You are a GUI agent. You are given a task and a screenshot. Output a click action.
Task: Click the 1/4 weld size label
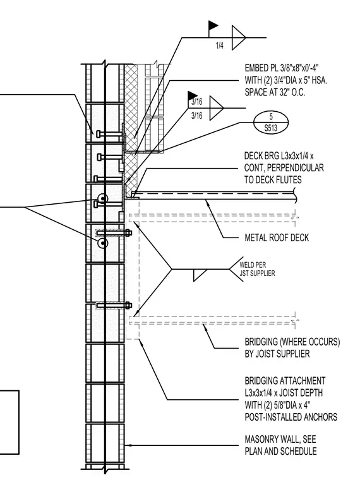tap(220, 45)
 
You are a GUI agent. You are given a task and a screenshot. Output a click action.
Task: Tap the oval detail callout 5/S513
tap(271, 123)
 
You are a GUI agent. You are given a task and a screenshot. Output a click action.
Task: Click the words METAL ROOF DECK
tap(277, 238)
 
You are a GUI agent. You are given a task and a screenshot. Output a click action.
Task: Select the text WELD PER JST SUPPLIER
tap(257, 269)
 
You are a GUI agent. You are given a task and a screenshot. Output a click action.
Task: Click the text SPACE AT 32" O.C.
tap(275, 92)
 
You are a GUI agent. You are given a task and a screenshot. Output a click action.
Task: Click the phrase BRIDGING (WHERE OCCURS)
tap(292, 342)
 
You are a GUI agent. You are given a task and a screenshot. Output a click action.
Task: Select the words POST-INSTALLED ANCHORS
tap(291, 417)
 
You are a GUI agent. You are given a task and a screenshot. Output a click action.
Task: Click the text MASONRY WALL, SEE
tap(280, 440)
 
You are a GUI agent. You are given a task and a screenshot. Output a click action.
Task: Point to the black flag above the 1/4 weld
tap(213, 25)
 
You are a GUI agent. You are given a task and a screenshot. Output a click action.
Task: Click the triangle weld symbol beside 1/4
tap(239, 38)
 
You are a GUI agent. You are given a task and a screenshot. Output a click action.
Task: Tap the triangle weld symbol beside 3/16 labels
tap(217, 108)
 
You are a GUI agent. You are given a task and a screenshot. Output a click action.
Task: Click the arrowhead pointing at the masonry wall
tap(128, 445)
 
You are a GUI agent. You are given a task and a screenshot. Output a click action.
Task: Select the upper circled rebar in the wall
tap(103, 198)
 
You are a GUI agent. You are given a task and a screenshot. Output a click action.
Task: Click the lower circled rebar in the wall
tap(103, 243)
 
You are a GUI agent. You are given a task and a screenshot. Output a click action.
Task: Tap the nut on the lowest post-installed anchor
tap(128, 305)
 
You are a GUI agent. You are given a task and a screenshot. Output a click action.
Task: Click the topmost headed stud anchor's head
tap(98, 134)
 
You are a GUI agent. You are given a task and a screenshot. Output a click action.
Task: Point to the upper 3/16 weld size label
tap(197, 102)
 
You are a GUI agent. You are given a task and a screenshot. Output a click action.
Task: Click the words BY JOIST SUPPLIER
tap(277, 354)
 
